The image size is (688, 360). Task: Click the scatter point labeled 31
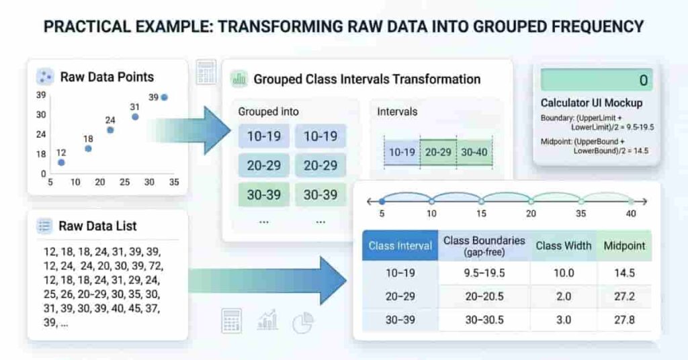coord(135,117)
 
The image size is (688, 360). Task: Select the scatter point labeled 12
coord(61,163)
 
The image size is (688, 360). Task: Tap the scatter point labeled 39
coord(164,97)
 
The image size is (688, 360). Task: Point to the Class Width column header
coord(563,245)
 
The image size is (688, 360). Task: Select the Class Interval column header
coord(400,246)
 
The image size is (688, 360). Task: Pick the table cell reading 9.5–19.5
coord(484,273)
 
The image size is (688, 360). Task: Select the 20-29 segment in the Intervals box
coord(438,152)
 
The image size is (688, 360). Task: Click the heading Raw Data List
coord(99,226)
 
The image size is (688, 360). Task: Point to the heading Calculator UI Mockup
coord(591,103)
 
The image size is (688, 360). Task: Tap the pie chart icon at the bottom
coord(303,323)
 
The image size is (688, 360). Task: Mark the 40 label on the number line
coord(631,214)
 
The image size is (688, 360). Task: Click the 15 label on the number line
coord(480,214)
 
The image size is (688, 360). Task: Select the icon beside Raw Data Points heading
coord(45,76)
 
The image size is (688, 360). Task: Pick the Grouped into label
coord(268,111)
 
